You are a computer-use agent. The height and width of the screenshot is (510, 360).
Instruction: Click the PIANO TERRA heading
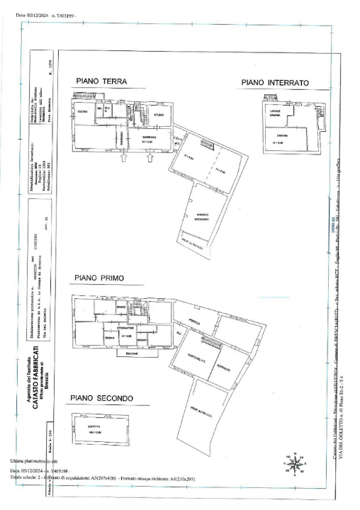pos(101,81)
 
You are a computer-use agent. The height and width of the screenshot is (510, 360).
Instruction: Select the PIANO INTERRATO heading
pos(275,83)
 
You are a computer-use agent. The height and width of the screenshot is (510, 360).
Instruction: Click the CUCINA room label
pos(82,112)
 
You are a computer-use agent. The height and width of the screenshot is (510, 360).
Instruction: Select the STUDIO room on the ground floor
pos(159,115)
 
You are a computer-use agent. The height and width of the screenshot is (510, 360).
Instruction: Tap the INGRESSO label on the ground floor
pos(149,137)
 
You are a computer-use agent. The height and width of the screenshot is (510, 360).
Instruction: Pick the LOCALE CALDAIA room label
pos(276,115)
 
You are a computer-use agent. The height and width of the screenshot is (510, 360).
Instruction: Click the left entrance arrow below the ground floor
pos(123,159)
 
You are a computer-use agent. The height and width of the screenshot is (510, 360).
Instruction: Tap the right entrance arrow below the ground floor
pos(148,159)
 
